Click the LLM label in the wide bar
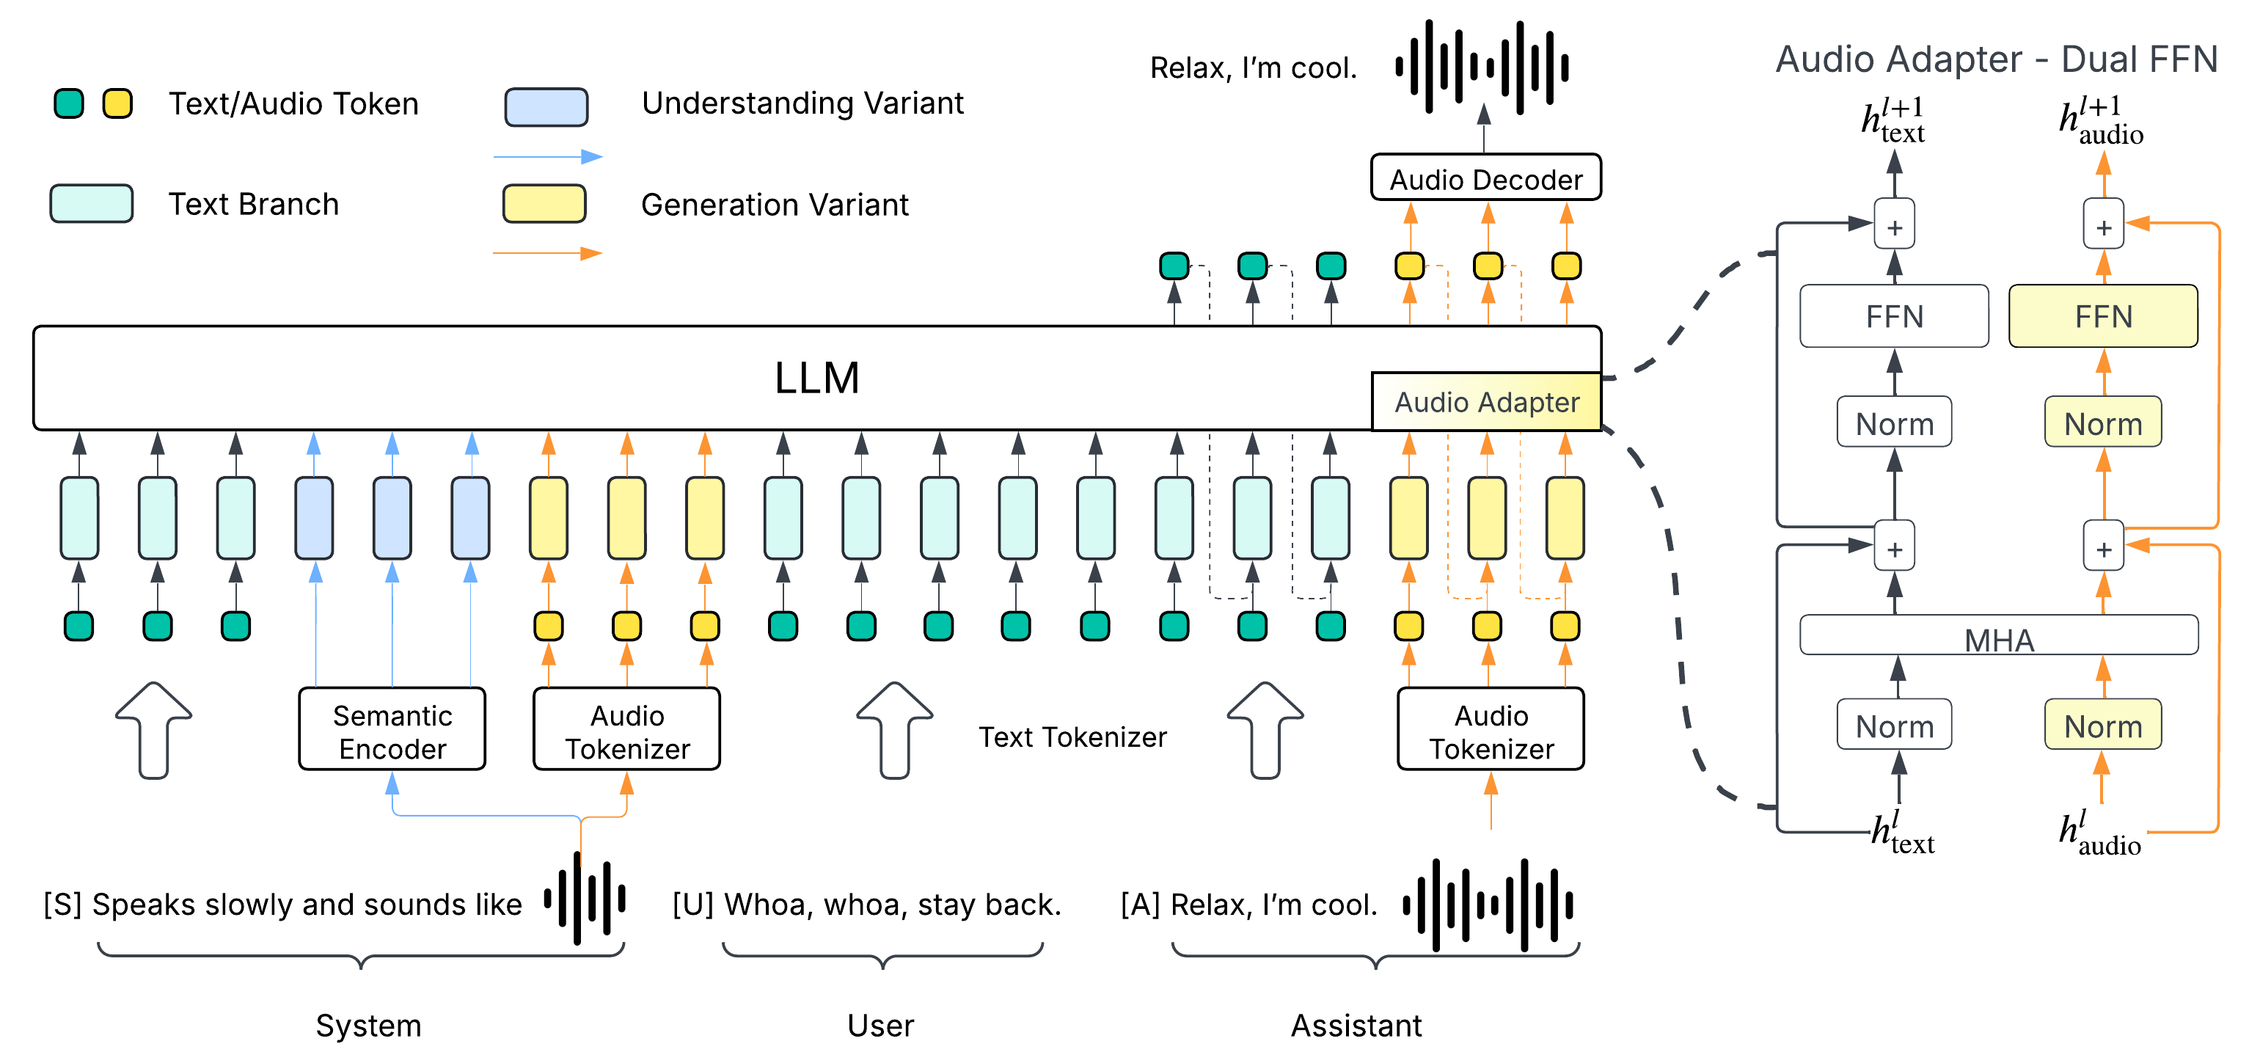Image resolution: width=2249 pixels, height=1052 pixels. (x=816, y=378)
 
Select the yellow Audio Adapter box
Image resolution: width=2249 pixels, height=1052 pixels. (x=1486, y=401)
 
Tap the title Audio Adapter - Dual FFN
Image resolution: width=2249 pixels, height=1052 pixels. (x=1996, y=59)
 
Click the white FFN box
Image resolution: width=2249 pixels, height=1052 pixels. (x=1894, y=316)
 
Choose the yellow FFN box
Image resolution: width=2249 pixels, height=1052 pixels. (x=2103, y=316)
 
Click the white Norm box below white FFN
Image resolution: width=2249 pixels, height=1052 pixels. (x=1894, y=423)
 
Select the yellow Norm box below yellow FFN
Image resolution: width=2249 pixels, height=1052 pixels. (x=2102, y=423)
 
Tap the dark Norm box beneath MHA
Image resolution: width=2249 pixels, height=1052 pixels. (x=1894, y=725)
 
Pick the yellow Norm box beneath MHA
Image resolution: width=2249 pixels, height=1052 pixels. (x=2102, y=725)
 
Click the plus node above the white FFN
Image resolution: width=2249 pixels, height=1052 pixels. (x=1895, y=226)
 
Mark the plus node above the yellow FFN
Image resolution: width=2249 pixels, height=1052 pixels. (x=2103, y=226)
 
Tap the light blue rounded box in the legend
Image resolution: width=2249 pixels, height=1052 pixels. (x=546, y=107)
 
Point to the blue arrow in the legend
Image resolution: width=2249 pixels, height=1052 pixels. (x=548, y=157)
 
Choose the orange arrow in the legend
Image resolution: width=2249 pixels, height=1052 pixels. (x=548, y=253)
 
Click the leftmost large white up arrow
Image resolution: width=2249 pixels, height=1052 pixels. (x=153, y=729)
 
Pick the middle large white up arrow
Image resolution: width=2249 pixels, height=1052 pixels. (x=895, y=729)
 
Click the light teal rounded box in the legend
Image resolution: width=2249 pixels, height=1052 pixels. (x=92, y=204)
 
